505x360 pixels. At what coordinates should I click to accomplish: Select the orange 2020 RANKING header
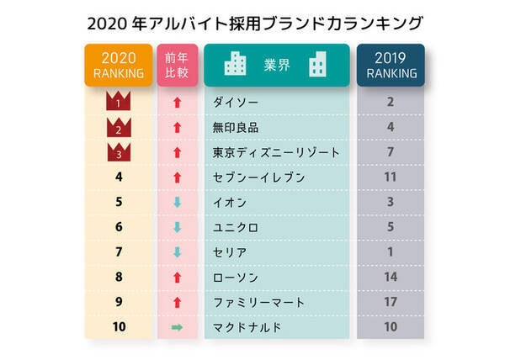(118, 65)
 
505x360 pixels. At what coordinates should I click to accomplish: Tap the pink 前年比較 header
(178, 65)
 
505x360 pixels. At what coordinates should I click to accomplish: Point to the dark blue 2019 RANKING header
(391, 65)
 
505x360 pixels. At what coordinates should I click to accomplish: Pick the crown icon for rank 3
(118, 152)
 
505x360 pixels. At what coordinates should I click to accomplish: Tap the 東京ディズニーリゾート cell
(277, 153)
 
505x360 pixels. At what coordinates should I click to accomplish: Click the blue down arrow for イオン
(177, 202)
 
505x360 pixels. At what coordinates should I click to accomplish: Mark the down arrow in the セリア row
(177, 251)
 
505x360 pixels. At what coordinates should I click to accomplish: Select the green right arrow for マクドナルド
(177, 326)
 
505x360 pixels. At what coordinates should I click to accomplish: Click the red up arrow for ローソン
(177, 276)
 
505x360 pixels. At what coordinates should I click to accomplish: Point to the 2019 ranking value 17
(391, 300)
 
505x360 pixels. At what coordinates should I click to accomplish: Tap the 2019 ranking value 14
(391, 276)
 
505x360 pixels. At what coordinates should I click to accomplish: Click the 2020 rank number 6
(118, 227)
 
